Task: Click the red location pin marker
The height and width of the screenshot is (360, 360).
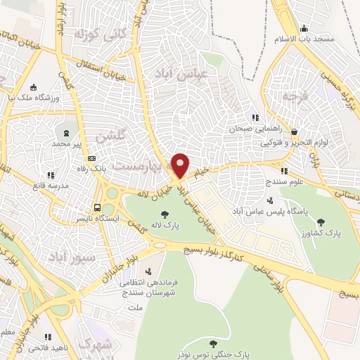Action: pyautogui.click(x=181, y=165)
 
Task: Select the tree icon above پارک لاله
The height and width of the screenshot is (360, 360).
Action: pyautogui.click(x=165, y=214)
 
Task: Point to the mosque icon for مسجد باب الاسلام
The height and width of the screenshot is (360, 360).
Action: pyautogui.click(x=304, y=28)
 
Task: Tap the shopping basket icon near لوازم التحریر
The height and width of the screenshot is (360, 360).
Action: pyautogui.click(x=293, y=131)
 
